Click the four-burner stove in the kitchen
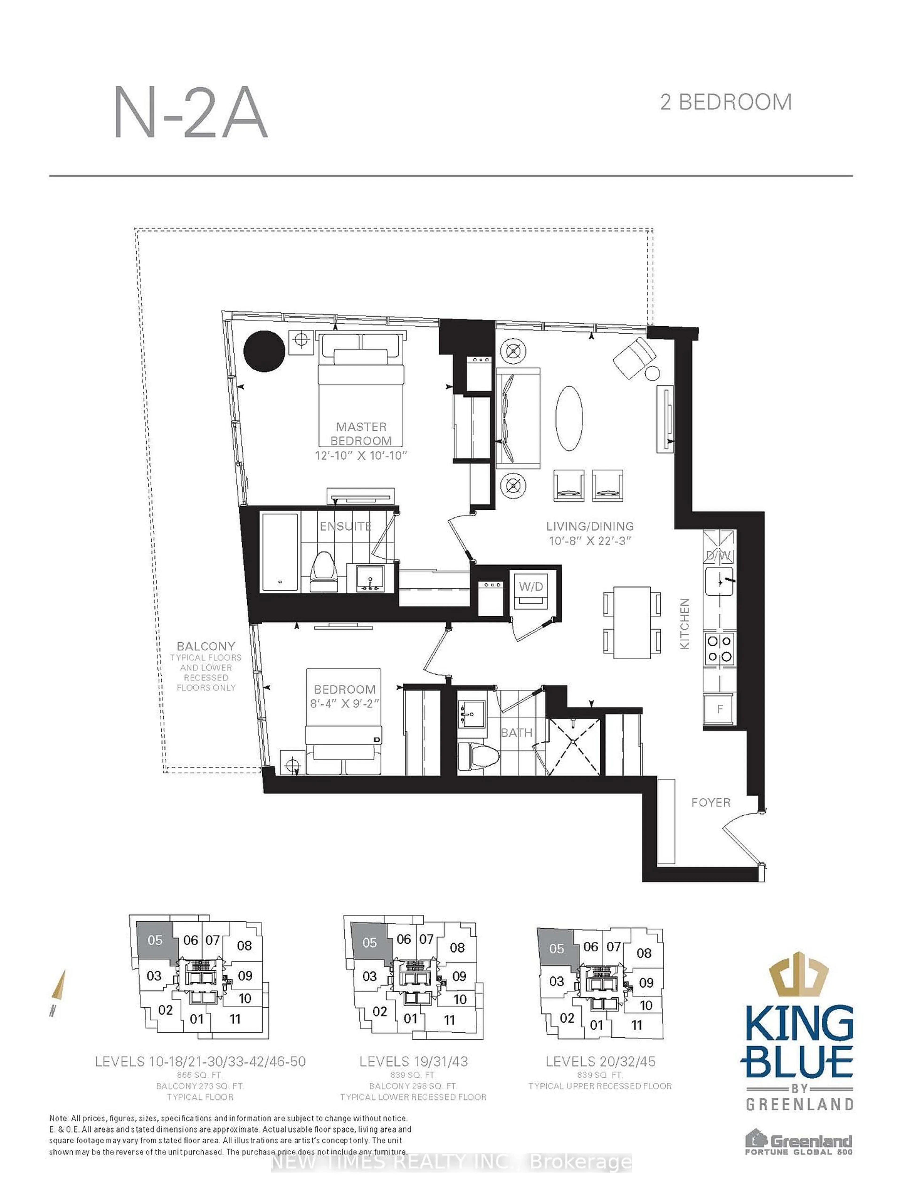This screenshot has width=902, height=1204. (x=719, y=649)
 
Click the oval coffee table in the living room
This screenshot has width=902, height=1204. (x=569, y=418)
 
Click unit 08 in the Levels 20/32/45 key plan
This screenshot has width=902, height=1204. (x=644, y=953)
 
